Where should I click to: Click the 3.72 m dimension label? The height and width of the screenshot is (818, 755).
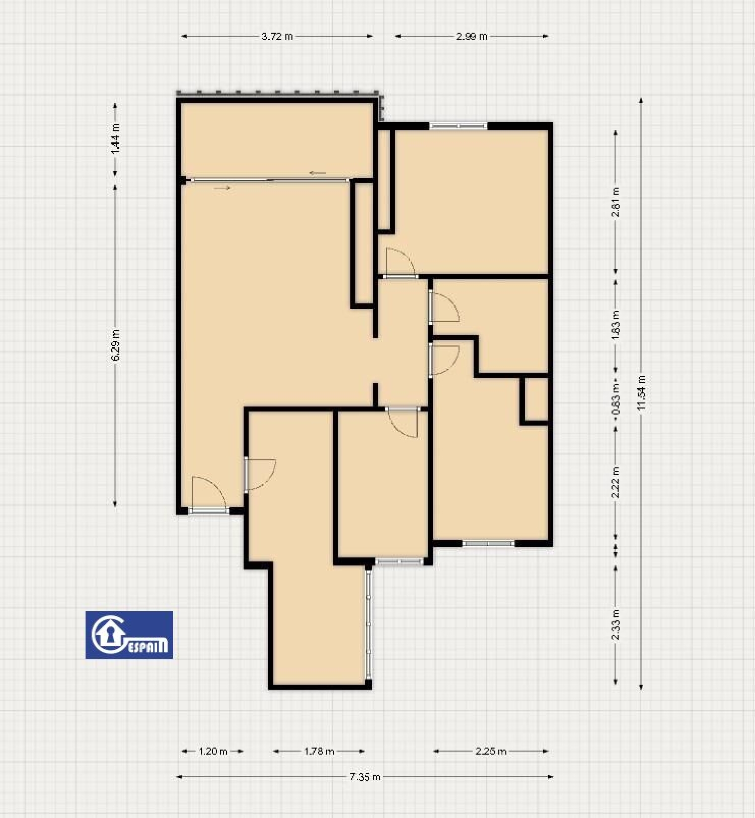(x=277, y=36)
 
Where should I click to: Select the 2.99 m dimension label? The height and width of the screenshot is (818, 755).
(x=472, y=36)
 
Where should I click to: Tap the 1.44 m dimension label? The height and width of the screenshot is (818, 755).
(x=116, y=138)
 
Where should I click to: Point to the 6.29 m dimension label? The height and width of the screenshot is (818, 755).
(x=116, y=345)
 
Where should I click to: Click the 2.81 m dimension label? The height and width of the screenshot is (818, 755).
(x=615, y=202)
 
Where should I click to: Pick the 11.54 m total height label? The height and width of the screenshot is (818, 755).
(x=641, y=393)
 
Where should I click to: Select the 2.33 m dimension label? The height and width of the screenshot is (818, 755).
(x=615, y=625)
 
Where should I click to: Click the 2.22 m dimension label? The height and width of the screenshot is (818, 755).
(x=615, y=482)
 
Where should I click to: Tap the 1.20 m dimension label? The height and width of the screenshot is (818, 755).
(x=213, y=751)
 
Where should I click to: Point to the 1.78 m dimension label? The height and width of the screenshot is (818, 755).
(x=319, y=751)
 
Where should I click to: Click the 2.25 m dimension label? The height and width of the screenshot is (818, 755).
(x=491, y=751)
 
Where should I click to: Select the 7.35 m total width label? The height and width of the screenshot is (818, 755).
(x=365, y=777)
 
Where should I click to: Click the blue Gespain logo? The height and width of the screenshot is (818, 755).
(x=129, y=635)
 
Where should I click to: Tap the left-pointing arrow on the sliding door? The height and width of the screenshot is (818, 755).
(x=318, y=173)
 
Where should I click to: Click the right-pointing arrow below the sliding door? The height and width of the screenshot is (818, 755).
(x=222, y=188)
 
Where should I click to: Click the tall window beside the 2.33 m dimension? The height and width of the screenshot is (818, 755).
(x=369, y=625)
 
